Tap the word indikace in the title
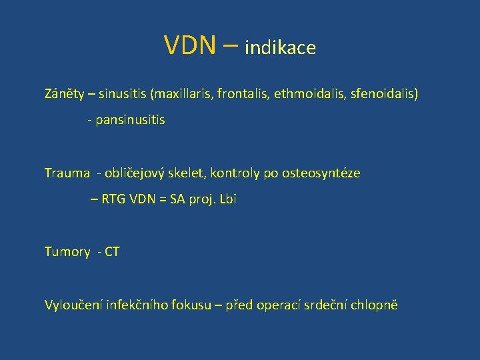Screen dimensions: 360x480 pyautogui.click(x=280, y=48)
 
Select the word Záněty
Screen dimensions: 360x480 pyautogui.click(x=65, y=94)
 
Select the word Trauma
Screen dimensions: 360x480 pyautogui.click(x=67, y=173)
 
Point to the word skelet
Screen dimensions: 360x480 pyautogui.click(x=189, y=173)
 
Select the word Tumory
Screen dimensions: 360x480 pyautogui.click(x=67, y=252)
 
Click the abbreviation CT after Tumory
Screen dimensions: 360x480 pyautogui.click(x=112, y=252)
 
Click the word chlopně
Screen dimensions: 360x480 pyautogui.click(x=377, y=305)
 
